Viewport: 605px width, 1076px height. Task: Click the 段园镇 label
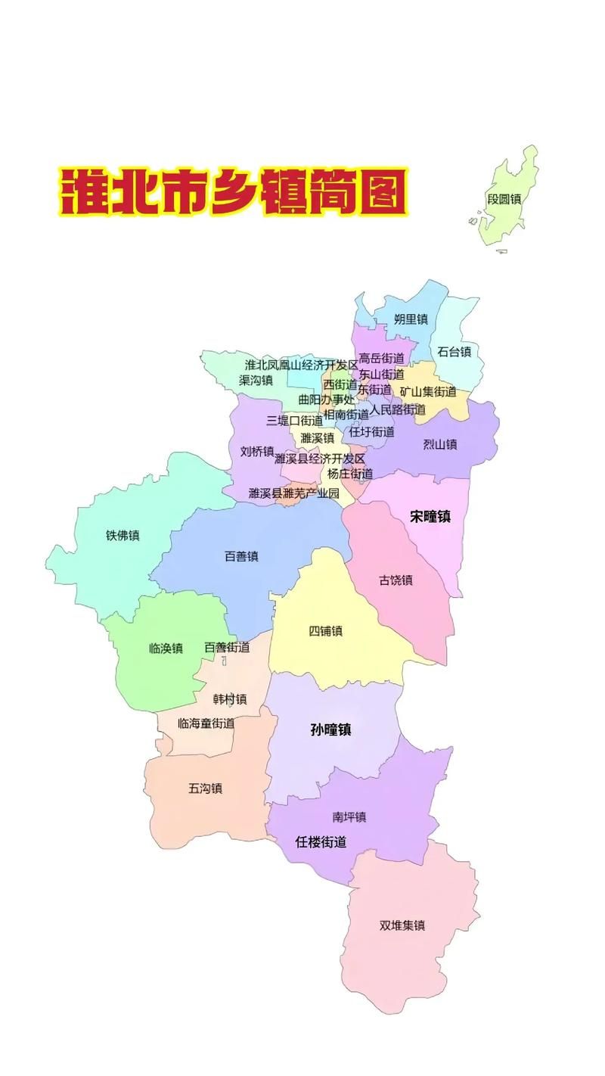504,200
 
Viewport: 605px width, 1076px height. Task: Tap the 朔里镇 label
411,319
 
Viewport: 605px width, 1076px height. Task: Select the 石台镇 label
454,352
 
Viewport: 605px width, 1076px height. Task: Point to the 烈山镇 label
439,444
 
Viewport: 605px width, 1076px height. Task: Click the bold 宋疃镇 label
430,517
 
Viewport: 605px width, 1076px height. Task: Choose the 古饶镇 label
396,580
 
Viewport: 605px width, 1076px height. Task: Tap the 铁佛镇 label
123,536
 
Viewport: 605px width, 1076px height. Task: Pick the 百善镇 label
241,556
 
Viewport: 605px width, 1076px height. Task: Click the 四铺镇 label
325,631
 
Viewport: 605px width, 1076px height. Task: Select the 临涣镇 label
166,648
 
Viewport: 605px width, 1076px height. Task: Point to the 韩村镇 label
230,698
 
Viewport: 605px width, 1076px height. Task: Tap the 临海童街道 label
206,723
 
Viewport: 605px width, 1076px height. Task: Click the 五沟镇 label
205,788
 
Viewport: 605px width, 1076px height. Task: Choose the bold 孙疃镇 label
330,730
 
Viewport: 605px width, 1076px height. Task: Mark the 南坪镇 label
349,817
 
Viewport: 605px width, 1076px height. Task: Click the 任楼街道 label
321,841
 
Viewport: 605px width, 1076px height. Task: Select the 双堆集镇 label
402,925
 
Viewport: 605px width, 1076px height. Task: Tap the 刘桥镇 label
257,452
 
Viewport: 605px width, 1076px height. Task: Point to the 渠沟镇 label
256,381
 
